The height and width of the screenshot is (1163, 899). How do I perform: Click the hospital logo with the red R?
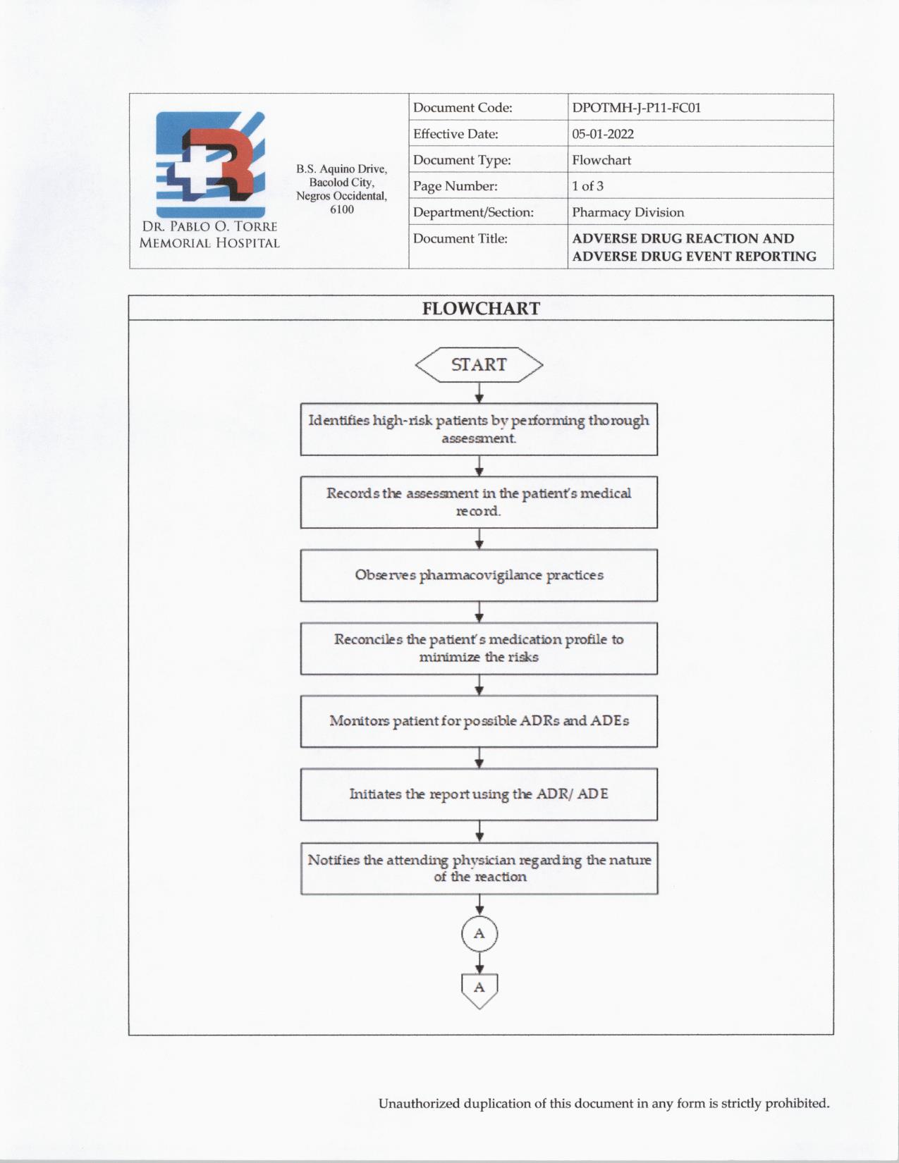pos(210,164)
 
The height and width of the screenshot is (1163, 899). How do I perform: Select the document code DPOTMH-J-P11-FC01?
pos(636,108)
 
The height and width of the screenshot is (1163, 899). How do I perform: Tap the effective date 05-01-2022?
pos(602,134)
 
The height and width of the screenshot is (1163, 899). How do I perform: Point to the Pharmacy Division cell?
pos(628,212)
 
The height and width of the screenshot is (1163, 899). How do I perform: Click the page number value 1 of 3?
pos(587,186)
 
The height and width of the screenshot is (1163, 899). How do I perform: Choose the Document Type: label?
pos(462,160)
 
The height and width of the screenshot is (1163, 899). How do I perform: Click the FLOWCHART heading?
pos(481,309)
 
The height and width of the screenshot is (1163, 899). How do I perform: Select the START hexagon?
pos(479,365)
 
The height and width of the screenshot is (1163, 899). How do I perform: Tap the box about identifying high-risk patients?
pos(479,429)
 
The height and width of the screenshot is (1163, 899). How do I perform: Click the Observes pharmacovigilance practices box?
pos(479,575)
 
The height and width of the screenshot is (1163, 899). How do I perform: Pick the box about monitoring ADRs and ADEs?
pos(479,721)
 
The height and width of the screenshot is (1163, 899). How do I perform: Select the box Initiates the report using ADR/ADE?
pos(479,794)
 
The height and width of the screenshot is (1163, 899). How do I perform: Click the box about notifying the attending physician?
pos(479,868)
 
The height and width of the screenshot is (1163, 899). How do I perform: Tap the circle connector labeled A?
pos(479,934)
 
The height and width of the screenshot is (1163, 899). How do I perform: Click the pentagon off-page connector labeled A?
pos(479,989)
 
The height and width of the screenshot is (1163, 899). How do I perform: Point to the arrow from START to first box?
pos(479,393)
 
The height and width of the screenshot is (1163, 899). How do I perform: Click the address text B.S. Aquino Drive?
pos(341,169)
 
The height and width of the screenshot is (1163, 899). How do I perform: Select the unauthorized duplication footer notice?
pos(604,1103)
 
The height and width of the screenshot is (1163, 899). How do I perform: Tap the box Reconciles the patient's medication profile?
pos(479,648)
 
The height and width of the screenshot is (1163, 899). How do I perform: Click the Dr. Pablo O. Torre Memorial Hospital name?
pos(209,235)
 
